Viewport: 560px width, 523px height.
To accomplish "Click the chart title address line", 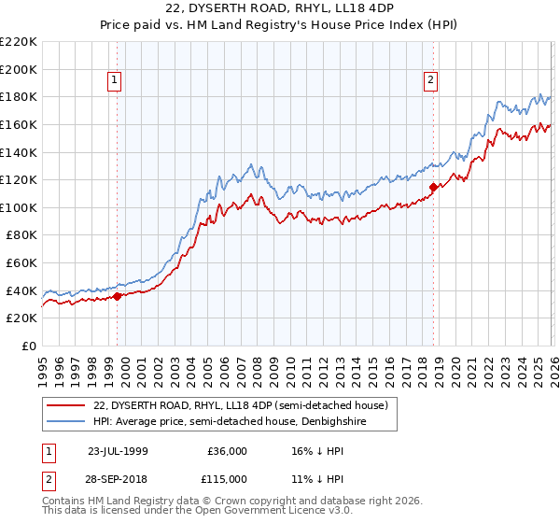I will tap(280, 9).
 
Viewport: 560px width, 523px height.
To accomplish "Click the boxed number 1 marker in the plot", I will tap(115, 81).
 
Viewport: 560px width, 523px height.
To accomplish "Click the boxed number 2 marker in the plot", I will tap(431, 81).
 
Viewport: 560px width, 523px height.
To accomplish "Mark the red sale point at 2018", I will tap(433, 187).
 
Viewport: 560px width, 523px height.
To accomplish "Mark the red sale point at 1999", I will tap(117, 296).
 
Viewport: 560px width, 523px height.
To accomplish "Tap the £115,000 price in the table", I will tap(228, 480).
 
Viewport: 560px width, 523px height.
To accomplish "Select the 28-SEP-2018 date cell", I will tap(119, 480).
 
